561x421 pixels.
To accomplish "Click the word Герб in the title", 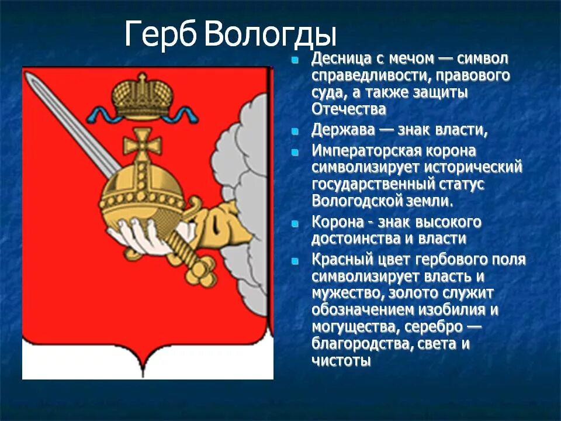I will pyautogui.click(x=162, y=36).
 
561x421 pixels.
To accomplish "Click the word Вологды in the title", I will pyautogui.click(x=271, y=36).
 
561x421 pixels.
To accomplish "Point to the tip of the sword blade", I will pyautogui.click(x=32, y=81).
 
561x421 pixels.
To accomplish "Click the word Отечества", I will pyautogui.click(x=349, y=109).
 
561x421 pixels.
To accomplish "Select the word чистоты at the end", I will pyautogui.click(x=341, y=360).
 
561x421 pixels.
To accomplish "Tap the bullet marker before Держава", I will pyautogui.click(x=296, y=132).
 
